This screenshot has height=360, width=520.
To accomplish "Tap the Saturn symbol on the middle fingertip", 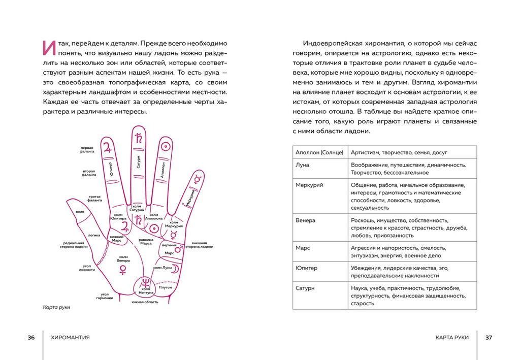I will (138, 138).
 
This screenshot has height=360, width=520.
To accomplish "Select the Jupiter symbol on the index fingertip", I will (107, 148).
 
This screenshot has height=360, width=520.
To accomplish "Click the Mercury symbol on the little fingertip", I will (198, 178).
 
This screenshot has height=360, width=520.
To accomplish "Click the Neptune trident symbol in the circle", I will (146, 282).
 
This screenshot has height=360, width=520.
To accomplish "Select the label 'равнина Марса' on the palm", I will (146, 242).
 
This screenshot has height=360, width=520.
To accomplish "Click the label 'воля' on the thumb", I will (80, 212).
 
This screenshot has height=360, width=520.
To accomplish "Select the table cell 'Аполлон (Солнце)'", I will (319, 152).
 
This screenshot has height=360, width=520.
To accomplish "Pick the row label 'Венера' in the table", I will (306, 220).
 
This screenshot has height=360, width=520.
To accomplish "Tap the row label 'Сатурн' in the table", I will (305, 288).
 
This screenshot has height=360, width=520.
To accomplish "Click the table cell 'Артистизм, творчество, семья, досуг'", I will (399, 152).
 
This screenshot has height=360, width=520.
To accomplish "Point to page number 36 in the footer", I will (31, 337).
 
